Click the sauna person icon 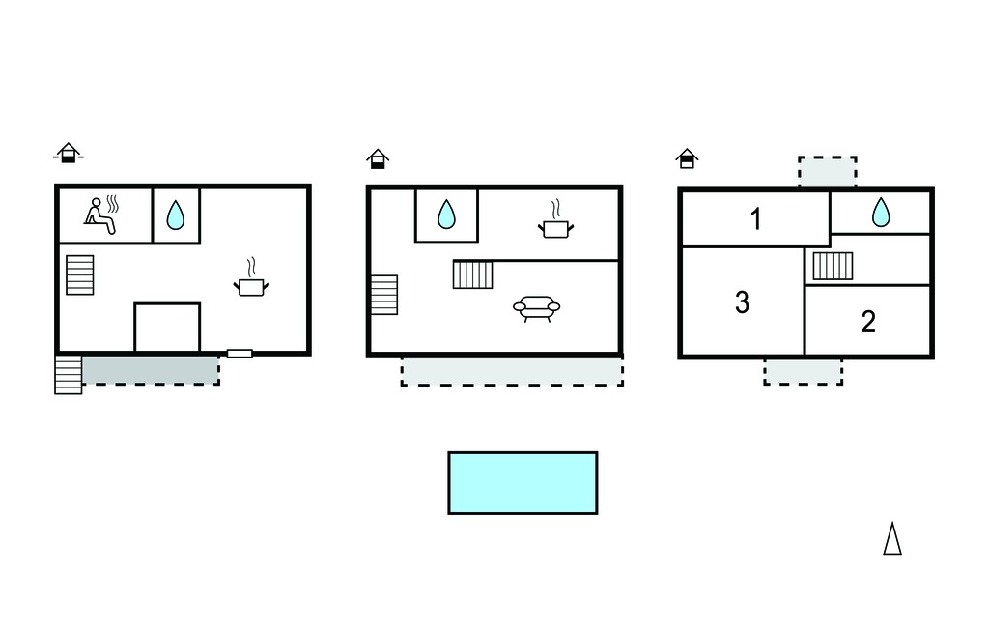click(x=101, y=215)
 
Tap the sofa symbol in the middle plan click(x=537, y=308)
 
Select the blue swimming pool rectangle click(x=523, y=483)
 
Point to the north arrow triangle click(x=892, y=538)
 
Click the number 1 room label click(x=755, y=219)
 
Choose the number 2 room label click(x=868, y=322)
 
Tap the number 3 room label click(x=743, y=302)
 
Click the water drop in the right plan click(x=881, y=213)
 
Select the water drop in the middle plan click(x=446, y=215)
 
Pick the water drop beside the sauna click(x=176, y=215)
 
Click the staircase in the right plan click(x=833, y=266)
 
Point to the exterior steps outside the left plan click(x=69, y=375)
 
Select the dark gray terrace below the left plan click(x=151, y=370)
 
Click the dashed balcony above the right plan click(x=828, y=172)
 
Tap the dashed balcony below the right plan click(x=803, y=372)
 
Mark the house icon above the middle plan click(x=378, y=158)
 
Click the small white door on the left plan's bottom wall click(x=240, y=354)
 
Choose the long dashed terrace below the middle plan click(x=512, y=370)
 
